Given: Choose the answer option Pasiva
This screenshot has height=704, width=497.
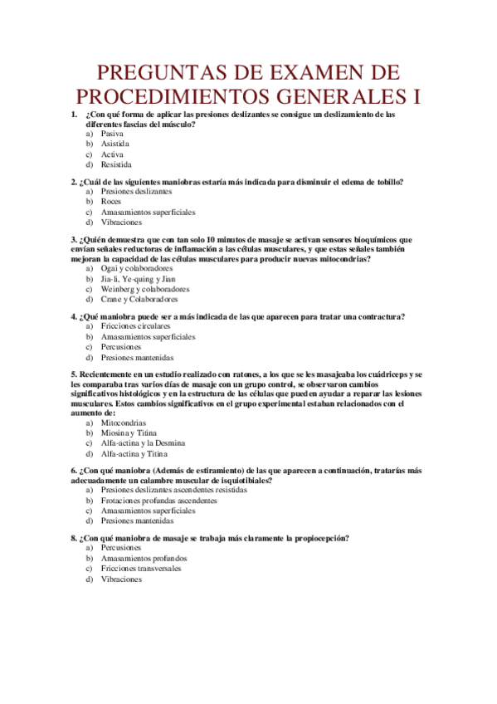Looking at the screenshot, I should click(113, 134).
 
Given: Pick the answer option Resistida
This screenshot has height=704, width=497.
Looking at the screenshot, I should click(116, 164).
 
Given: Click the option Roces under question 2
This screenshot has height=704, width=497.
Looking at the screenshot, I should click(111, 201).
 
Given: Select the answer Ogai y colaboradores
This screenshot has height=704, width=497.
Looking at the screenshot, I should click(137, 269).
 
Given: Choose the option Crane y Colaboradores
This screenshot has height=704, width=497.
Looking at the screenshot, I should click(141, 299).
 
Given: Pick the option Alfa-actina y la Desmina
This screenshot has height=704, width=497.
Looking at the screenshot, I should click(144, 443).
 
